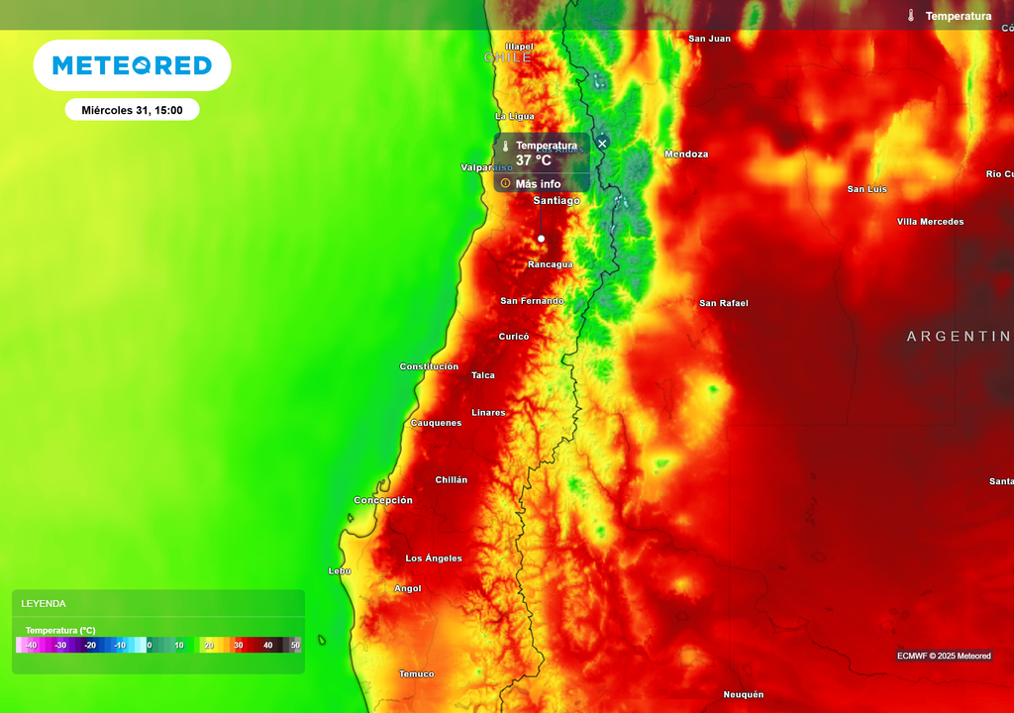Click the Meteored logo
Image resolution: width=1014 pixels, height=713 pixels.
click(x=132, y=65)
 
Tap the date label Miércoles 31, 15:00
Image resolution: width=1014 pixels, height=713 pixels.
click(x=132, y=110)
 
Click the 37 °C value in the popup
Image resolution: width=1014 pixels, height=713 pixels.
click(x=533, y=160)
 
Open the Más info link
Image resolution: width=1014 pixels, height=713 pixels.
click(x=538, y=184)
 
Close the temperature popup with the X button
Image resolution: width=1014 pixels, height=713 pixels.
click(x=602, y=144)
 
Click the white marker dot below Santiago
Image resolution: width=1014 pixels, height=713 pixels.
click(x=541, y=239)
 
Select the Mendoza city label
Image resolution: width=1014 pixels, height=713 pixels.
click(x=686, y=154)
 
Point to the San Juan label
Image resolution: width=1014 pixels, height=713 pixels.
click(x=709, y=39)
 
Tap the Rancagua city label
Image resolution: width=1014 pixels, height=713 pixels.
click(x=550, y=264)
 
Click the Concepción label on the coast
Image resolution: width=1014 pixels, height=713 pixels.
click(x=383, y=500)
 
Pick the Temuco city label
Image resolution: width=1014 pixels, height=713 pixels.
click(x=416, y=674)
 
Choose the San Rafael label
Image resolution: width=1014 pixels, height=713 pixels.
click(x=723, y=303)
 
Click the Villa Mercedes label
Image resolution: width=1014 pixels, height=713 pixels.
click(x=930, y=222)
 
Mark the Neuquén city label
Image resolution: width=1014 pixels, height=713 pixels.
click(x=744, y=695)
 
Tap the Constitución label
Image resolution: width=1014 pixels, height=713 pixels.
click(x=429, y=366)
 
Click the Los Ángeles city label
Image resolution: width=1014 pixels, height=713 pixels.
click(x=434, y=559)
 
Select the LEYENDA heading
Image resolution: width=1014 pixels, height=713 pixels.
click(x=44, y=603)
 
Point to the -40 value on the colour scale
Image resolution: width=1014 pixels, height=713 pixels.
click(x=32, y=645)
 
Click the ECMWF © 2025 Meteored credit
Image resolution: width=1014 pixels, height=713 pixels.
click(x=944, y=656)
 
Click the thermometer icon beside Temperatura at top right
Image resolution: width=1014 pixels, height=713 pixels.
click(x=911, y=16)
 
